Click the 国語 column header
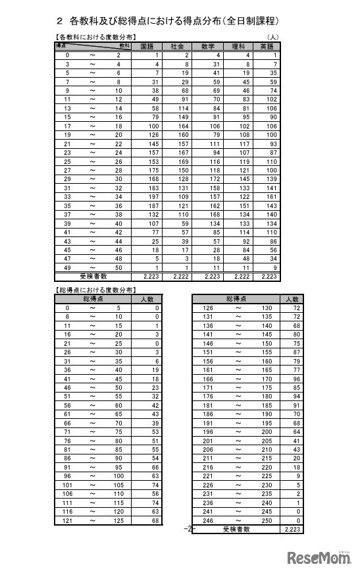(149, 47)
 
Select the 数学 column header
(207, 47)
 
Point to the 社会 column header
(178, 47)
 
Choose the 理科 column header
(238, 47)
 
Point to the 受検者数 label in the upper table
(93, 277)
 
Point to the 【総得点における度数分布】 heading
(95, 289)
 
